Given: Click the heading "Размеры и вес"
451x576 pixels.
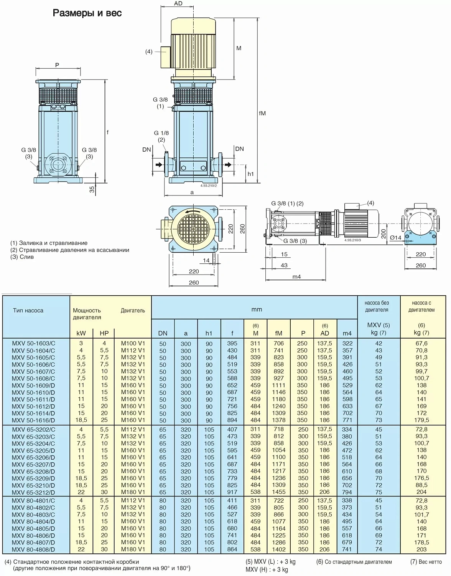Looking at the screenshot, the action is [87, 13].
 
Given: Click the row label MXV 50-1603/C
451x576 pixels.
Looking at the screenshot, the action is [33, 343].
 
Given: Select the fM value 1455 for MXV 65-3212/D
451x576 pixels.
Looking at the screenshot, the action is [279, 492].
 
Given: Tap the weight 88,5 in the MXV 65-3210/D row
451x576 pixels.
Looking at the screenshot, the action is [421, 485].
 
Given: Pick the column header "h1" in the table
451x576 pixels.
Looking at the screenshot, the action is [209, 333].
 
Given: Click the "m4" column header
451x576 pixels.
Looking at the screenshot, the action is [347, 333].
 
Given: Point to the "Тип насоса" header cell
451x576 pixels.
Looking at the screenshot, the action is [28, 310].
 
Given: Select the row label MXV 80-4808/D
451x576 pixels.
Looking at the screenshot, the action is [33, 550].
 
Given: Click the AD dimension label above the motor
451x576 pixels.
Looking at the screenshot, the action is [178, 3].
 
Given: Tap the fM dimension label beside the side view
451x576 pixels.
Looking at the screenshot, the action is [262, 113].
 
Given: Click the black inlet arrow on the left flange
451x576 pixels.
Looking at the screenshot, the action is [159, 165].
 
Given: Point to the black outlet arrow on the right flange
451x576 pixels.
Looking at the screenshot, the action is [228, 165].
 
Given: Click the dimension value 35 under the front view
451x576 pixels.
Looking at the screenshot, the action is [92, 189].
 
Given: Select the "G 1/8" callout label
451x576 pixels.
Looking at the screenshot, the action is [161, 133].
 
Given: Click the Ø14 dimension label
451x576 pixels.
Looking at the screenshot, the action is [395, 238].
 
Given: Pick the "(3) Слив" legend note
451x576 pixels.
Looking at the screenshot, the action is [22, 257].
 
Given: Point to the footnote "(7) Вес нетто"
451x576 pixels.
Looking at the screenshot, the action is [426, 562].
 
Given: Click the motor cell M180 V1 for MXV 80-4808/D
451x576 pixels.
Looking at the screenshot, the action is [133, 550].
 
